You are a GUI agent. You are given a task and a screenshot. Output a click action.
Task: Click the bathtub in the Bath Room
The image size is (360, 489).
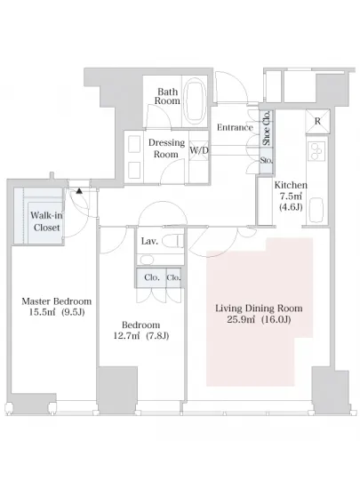point(196,100)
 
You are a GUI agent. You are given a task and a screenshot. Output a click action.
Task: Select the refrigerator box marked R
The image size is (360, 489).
point(317,121)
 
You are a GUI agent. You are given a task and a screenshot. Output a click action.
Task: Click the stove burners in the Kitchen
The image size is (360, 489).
point(316,151)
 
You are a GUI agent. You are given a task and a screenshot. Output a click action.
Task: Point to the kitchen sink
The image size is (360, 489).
point(316,210)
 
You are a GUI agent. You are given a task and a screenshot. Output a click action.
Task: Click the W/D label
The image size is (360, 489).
point(199,150)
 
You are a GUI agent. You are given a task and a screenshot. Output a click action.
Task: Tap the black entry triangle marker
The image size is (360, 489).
point(79,190)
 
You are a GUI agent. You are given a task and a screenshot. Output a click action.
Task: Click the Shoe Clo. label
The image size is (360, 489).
point(267,128)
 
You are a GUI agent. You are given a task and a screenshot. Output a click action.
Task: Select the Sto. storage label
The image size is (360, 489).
point(267,161)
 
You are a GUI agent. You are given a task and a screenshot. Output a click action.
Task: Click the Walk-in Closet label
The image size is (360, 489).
point(47,221)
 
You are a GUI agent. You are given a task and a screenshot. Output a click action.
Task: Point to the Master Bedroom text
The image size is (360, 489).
point(56,301)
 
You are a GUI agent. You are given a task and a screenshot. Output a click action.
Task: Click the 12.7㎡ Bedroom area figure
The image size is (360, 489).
point(126,336)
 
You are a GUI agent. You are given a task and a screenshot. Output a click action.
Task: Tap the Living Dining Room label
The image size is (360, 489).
point(259,309)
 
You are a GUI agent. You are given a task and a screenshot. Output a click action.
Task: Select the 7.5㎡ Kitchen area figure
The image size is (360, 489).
point(291,196)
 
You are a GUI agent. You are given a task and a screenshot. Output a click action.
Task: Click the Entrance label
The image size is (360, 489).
point(235,127)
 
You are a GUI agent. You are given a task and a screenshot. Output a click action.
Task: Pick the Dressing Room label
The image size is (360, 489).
point(166,148)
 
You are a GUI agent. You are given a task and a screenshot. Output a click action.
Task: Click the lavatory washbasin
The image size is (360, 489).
point(146,260)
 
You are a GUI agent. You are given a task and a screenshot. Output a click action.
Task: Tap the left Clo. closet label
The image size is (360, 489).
point(152,277)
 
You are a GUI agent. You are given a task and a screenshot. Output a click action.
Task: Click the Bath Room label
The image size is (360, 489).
point(167,96)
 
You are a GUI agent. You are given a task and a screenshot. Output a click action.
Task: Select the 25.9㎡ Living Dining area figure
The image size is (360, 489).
point(241,320)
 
